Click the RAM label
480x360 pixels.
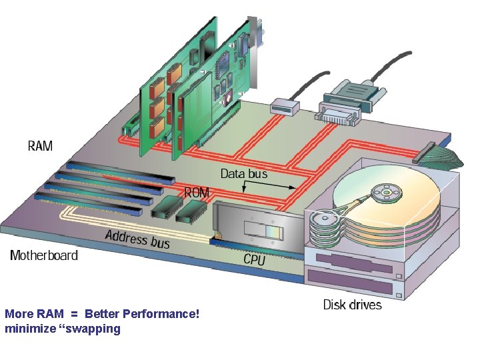pos(40,145)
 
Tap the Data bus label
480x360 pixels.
pos(244,173)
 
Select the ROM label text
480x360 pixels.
pos(197,193)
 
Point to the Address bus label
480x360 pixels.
pos(137,238)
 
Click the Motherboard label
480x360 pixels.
pos(44,255)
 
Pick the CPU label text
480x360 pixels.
pos(254,259)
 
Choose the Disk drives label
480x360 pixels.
pos(353,305)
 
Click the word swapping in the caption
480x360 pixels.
pos(93,329)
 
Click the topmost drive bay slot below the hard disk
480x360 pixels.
pos(353,263)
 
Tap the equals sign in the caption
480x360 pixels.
pos(75,313)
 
